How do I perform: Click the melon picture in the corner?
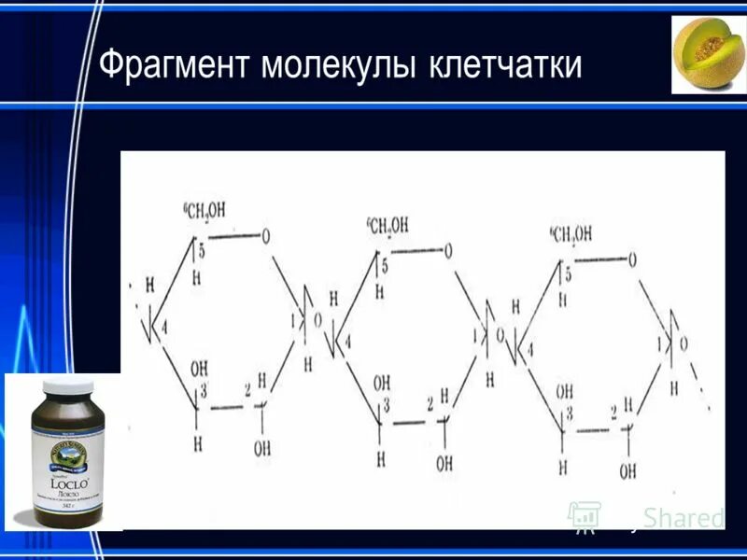coord(709,54)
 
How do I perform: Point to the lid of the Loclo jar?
coord(64,391)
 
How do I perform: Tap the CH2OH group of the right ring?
coord(571,233)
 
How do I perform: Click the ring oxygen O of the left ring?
coord(266,236)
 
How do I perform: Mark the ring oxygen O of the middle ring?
coord(448,250)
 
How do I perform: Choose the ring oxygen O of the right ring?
coord(632,260)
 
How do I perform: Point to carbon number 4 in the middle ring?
coord(348,343)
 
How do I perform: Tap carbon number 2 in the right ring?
coord(613,412)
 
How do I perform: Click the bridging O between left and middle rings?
coord(317,321)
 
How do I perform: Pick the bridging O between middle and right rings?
coord(500,335)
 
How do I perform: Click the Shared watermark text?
coord(685,518)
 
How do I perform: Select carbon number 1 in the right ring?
coord(660,344)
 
